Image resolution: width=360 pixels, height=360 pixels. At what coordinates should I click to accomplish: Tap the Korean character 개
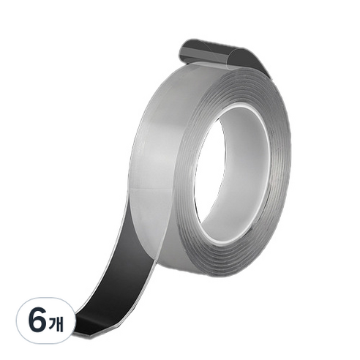point(56,322)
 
